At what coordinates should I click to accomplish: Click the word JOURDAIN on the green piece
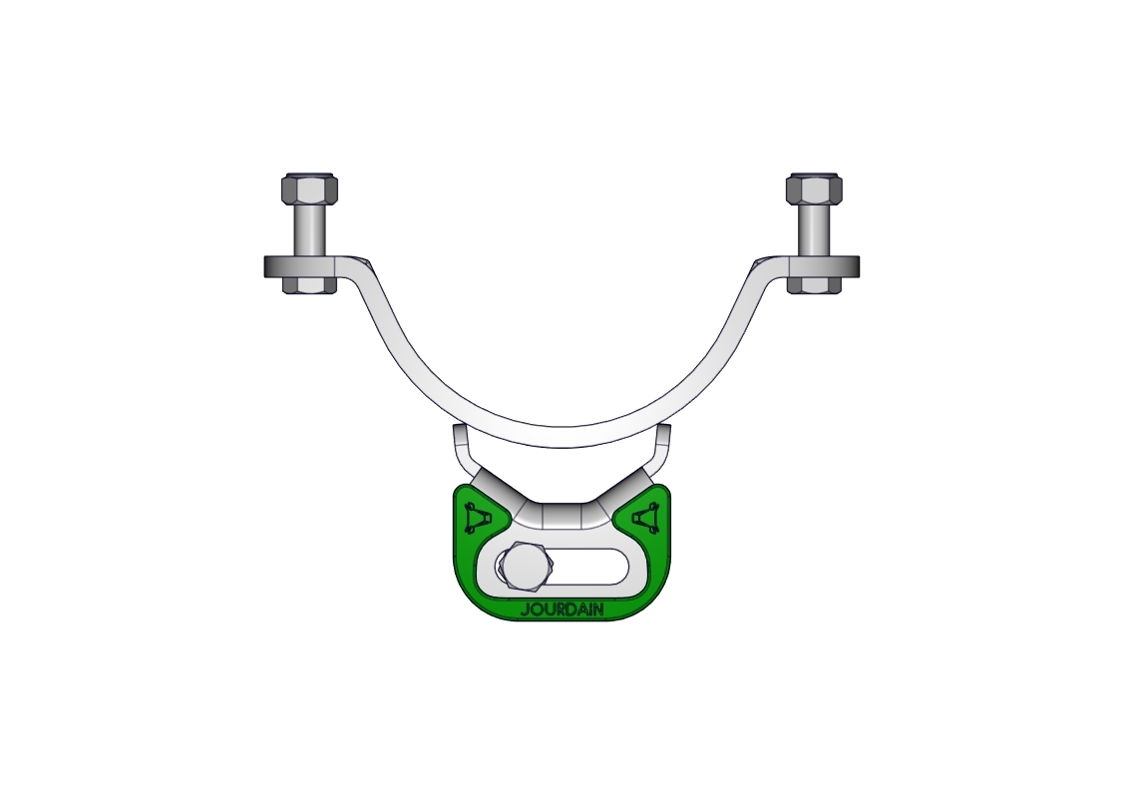coord(562,610)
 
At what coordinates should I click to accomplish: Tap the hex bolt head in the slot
coord(528,567)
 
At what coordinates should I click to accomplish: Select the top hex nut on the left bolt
coord(310,189)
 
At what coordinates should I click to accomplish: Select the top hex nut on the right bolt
coord(814,189)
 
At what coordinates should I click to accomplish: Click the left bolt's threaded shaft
coord(310,230)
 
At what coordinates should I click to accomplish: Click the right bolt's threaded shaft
coord(814,230)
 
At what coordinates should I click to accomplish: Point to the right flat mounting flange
coord(821,266)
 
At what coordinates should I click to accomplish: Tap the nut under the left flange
coord(310,285)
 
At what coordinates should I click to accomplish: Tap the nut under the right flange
coord(814,285)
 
